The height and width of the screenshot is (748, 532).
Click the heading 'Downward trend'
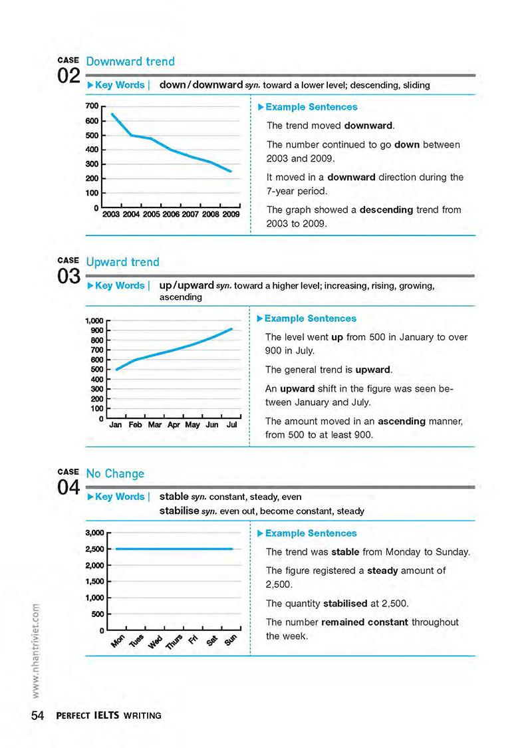pos(130,61)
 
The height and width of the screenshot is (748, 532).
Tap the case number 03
pos(69,276)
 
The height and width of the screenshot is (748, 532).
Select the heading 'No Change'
pos(115,473)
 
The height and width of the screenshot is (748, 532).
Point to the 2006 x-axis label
pos(171,214)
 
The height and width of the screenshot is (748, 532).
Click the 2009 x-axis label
pos(231,214)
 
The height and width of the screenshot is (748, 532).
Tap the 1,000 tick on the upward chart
pos(93,320)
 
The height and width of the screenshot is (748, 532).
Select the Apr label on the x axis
pos(174,424)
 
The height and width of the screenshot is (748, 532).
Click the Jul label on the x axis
pos(232,424)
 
